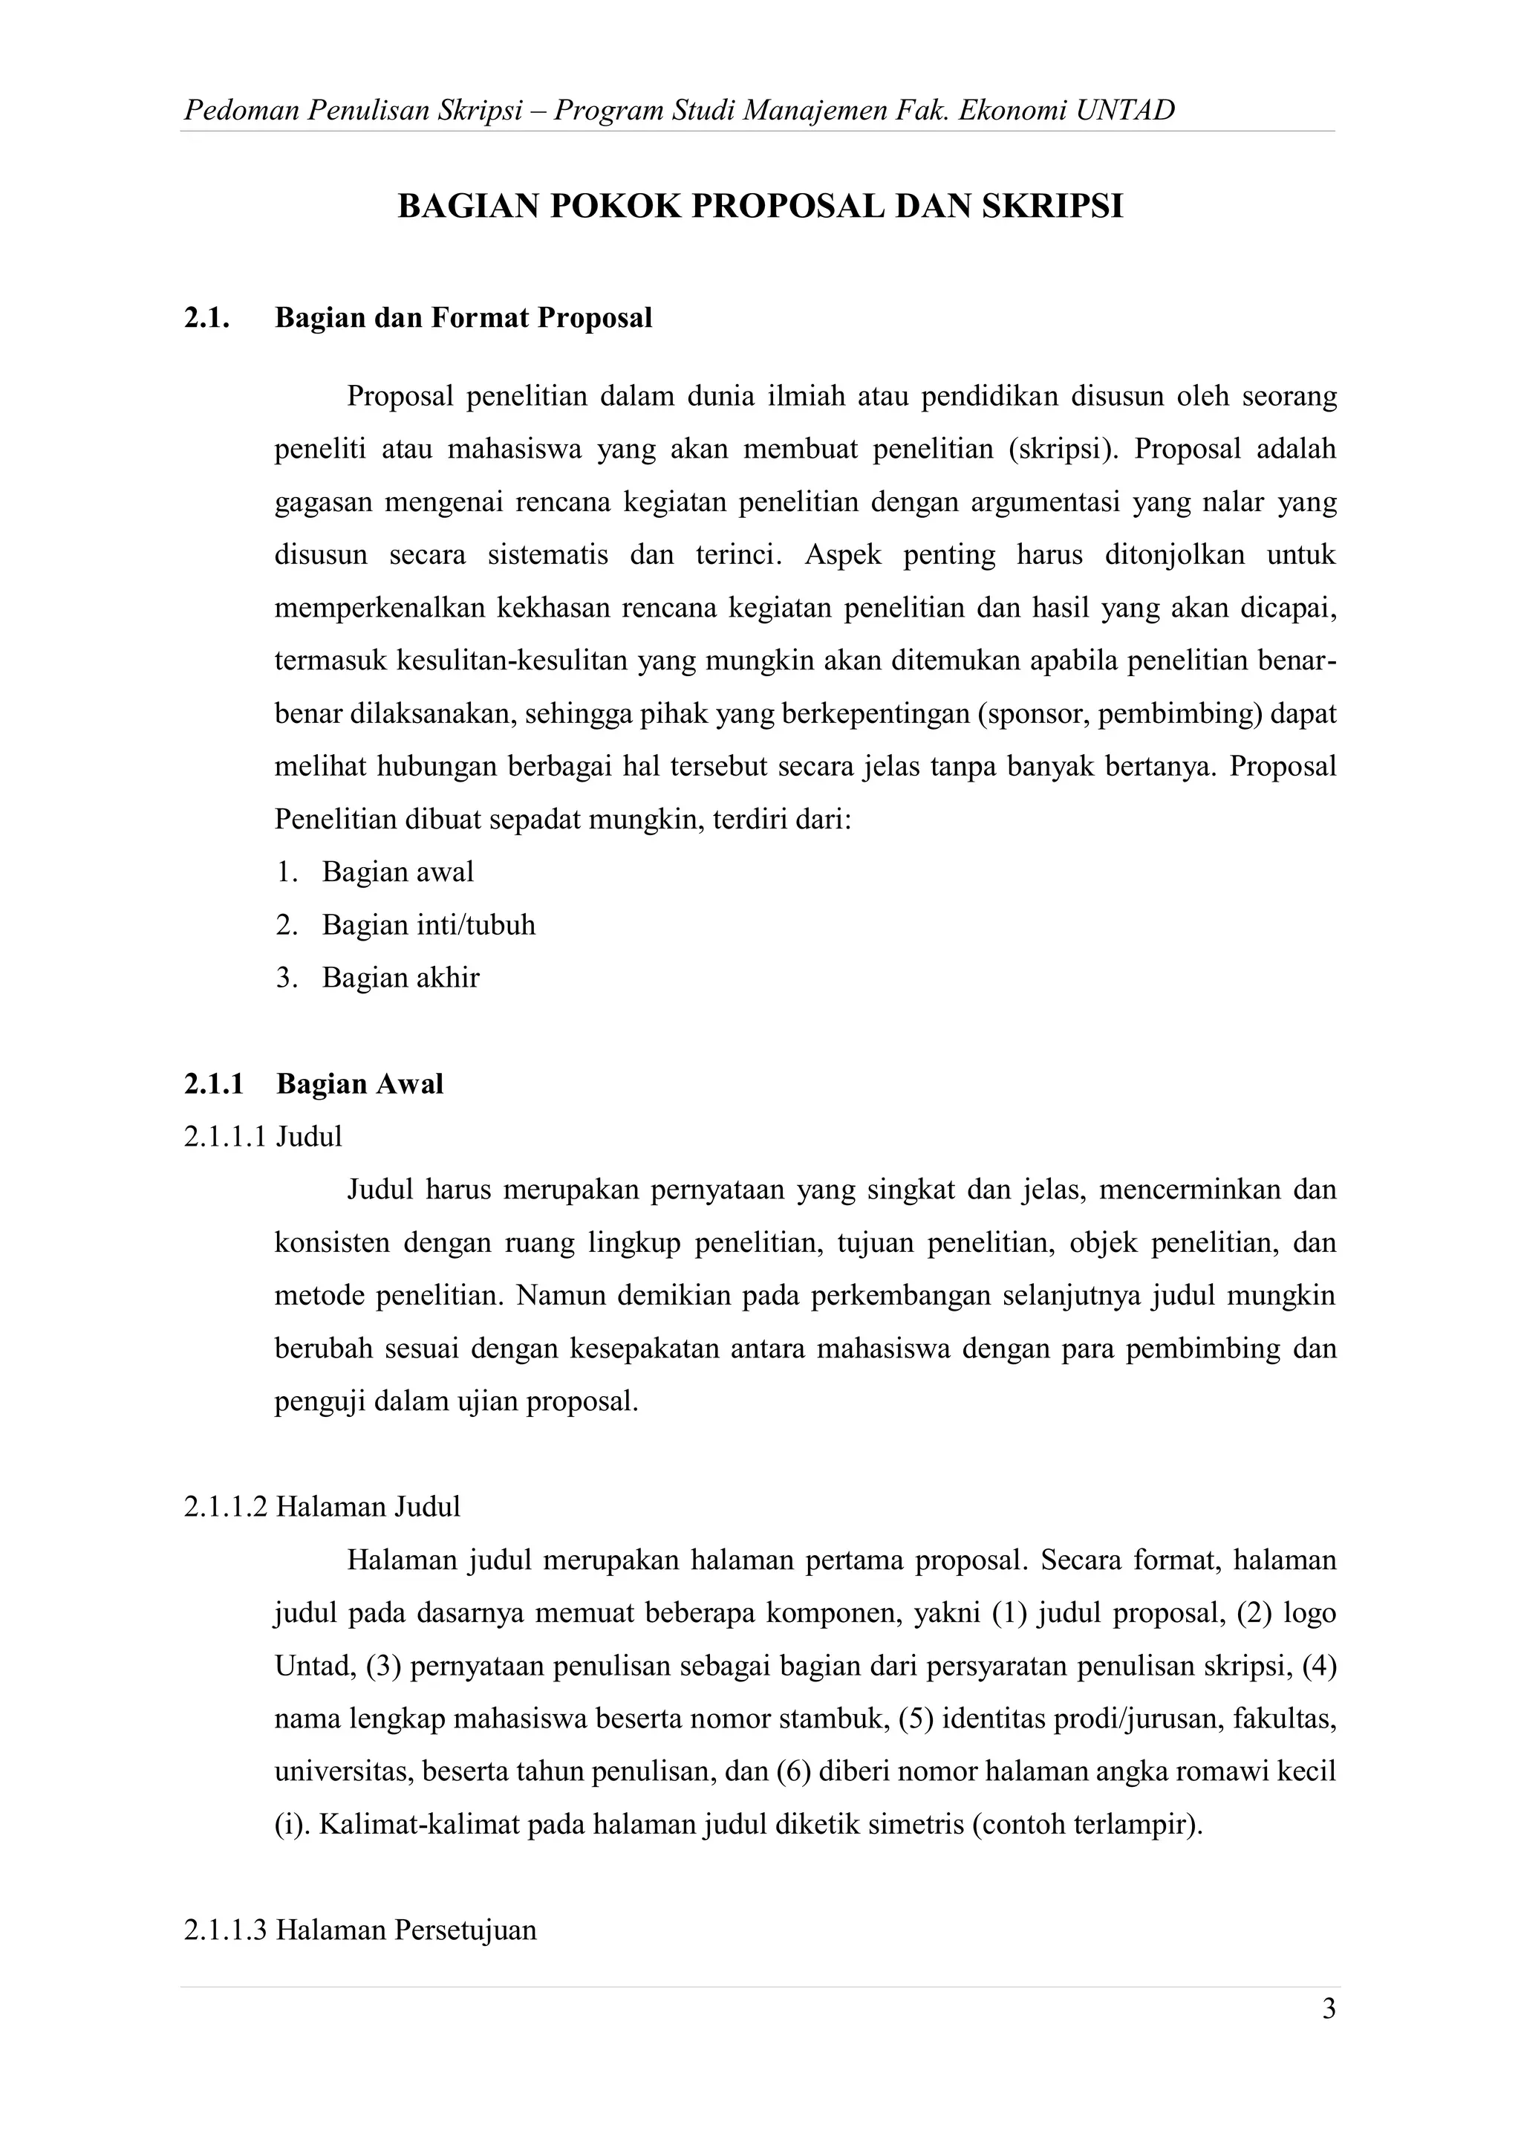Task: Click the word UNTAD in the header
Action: tap(1125, 111)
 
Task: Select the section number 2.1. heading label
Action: tap(207, 319)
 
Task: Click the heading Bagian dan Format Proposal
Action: tap(463, 319)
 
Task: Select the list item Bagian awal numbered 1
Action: tap(397, 872)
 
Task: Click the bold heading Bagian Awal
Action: tap(359, 1084)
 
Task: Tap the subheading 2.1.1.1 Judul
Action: tap(263, 1136)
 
